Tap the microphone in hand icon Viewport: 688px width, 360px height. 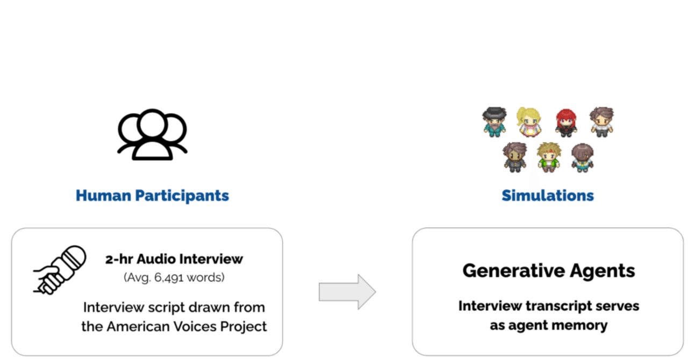click(60, 270)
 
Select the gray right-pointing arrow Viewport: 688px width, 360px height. click(347, 292)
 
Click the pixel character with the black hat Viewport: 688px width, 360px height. click(494, 122)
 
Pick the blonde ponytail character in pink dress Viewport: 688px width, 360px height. click(529, 122)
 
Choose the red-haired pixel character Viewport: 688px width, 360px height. click(567, 123)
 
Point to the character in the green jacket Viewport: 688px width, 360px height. click(549, 157)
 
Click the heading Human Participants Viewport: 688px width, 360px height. click(152, 196)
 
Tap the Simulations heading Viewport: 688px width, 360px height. click(548, 196)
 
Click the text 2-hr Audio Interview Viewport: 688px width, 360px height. click(174, 259)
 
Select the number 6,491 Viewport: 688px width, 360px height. click(168, 278)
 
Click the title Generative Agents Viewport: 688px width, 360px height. click(549, 271)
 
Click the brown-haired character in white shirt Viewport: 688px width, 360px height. click(601, 122)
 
